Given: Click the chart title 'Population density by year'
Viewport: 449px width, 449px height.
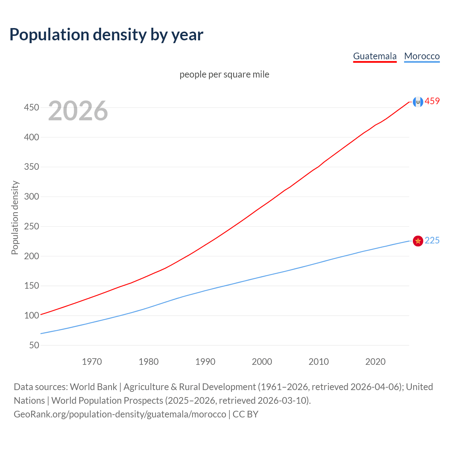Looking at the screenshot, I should [x=106, y=35].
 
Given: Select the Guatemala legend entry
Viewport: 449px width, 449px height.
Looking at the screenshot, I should [x=375, y=56].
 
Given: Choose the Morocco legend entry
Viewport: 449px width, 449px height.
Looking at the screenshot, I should [x=422, y=56].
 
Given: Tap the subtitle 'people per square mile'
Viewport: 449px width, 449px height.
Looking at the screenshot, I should [x=224, y=74].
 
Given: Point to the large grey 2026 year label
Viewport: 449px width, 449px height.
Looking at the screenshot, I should [x=78, y=111].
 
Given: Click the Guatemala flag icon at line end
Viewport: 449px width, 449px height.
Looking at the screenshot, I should [x=418, y=102].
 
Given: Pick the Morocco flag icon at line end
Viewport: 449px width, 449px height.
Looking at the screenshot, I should [x=418, y=241].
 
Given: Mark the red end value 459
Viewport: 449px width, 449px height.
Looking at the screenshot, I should [x=432, y=101].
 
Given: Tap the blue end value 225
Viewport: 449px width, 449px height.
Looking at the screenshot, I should [x=432, y=241].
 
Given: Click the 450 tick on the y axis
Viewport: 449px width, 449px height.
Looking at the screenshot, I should [x=32, y=107].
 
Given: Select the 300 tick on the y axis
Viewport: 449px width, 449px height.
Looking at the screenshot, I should [x=32, y=196].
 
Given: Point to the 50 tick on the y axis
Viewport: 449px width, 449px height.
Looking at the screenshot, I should [x=34, y=345].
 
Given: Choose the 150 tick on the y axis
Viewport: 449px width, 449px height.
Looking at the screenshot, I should [x=32, y=286].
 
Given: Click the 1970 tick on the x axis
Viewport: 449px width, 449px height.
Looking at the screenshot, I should [x=92, y=362].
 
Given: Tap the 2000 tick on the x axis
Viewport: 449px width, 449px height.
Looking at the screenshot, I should [x=262, y=362].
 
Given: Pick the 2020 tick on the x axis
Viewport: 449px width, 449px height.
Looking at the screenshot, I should [x=375, y=362].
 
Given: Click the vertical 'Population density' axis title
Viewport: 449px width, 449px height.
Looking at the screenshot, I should [x=15, y=217].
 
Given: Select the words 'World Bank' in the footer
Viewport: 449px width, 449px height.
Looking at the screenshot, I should [x=93, y=387].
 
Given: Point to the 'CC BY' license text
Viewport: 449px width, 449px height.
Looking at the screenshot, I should [x=246, y=414].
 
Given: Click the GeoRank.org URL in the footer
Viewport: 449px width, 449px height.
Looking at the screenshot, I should [x=120, y=414].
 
